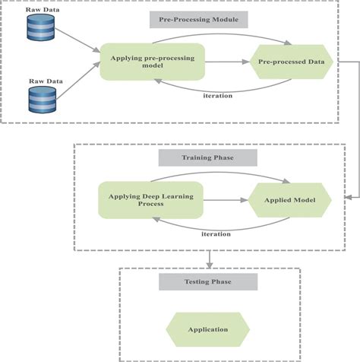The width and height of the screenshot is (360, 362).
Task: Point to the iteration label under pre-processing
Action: (x=217, y=95)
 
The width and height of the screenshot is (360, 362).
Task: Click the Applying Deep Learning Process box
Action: (x=150, y=201)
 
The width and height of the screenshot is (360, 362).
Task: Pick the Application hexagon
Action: (x=208, y=330)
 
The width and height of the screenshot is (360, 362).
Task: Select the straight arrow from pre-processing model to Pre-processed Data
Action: (x=226, y=61)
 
